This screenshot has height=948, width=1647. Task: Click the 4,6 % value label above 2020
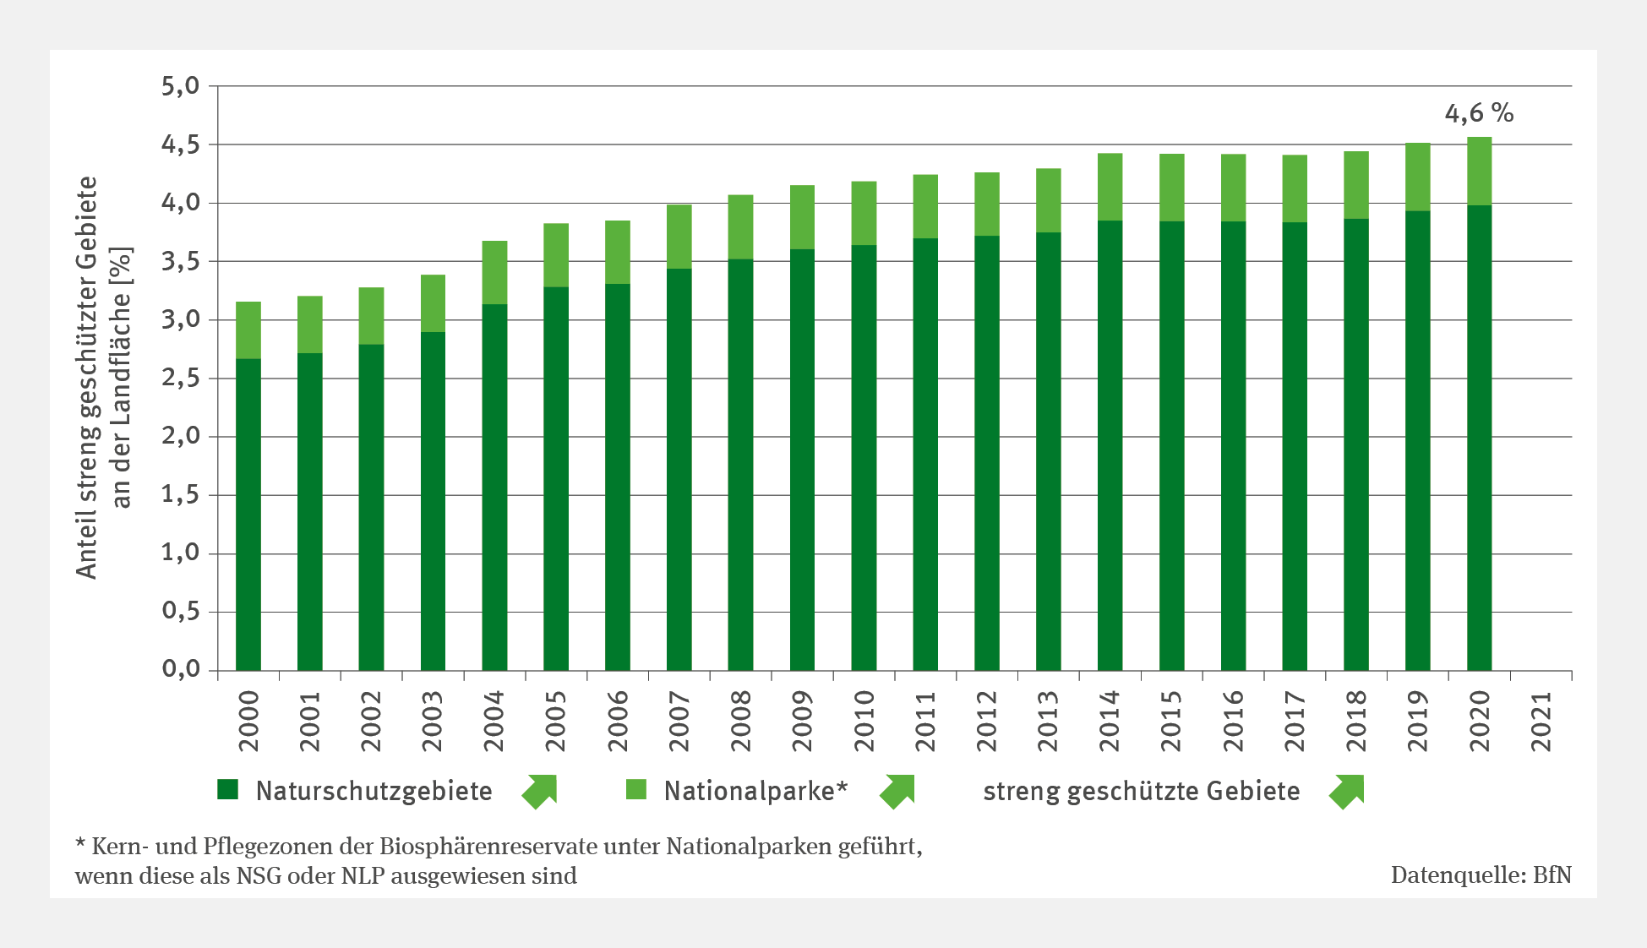coord(1478,113)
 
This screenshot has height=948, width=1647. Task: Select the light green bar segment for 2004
coord(494,272)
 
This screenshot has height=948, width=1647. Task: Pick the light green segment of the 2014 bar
coord(1110,187)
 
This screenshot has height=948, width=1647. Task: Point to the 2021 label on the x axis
coord(1541,722)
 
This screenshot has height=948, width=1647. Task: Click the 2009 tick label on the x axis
coord(802,722)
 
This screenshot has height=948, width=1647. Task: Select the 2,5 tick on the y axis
coord(181,378)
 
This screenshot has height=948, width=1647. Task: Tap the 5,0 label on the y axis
coord(181,86)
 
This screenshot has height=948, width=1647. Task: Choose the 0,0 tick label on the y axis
coord(181,670)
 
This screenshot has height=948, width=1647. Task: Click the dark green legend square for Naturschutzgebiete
coord(228,790)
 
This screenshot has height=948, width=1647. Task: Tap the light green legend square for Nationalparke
coord(635,790)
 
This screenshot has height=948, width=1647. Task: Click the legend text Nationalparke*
coord(755,791)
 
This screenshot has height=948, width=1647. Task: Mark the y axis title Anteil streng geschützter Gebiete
coord(87,377)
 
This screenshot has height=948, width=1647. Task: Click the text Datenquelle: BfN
coord(1481,875)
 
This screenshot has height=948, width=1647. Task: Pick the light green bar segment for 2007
coord(679,237)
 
